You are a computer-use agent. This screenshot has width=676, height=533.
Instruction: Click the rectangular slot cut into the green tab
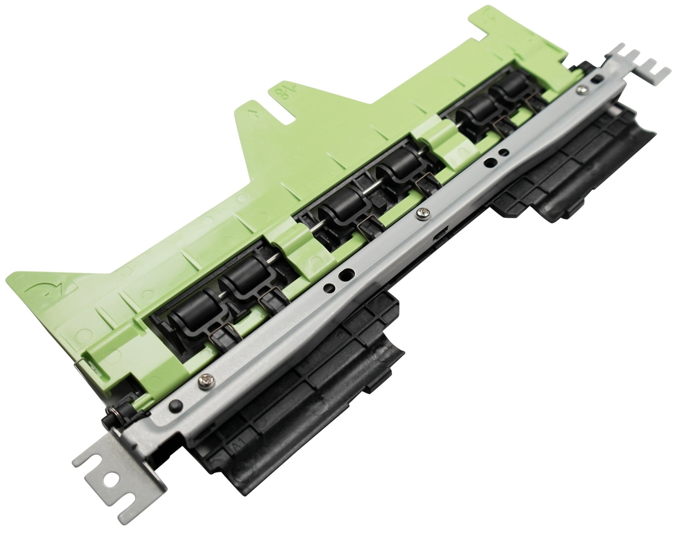coord(287,113)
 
